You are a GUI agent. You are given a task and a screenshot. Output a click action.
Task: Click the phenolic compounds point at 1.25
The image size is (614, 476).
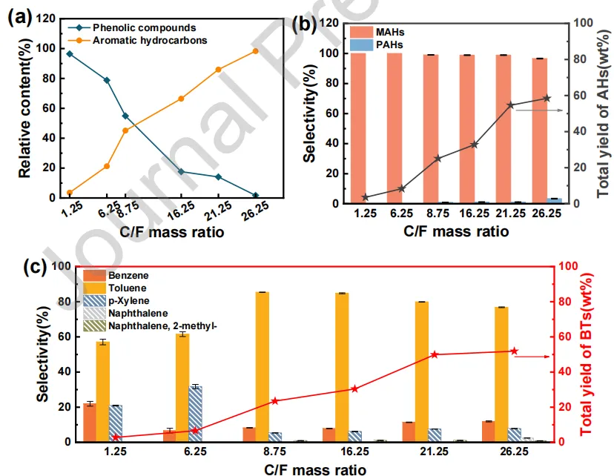[x=70, y=53]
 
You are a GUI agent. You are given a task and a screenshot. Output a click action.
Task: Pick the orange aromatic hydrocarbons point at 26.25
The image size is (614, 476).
[x=256, y=51]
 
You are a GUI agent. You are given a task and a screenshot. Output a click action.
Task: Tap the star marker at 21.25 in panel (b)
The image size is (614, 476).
[x=510, y=105]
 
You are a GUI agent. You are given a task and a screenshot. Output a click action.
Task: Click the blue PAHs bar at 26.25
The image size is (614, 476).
[x=554, y=200]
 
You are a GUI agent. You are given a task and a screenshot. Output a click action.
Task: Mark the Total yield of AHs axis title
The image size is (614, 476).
[x=602, y=111]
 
